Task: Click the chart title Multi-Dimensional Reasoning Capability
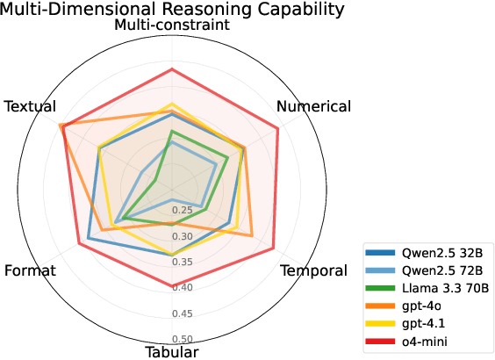pyautogui.click(x=172, y=9)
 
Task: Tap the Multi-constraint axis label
pyautogui.click(x=172, y=25)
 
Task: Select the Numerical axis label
pyautogui.click(x=313, y=106)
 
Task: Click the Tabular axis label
pyautogui.click(x=172, y=352)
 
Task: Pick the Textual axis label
pyautogui.click(x=30, y=106)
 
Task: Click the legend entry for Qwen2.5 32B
pyautogui.click(x=436, y=252)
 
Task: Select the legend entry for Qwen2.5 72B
pyautogui.click(x=436, y=270)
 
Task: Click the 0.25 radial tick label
pyautogui.click(x=182, y=211)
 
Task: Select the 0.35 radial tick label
pyautogui.click(x=182, y=262)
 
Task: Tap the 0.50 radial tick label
pyautogui.click(x=182, y=339)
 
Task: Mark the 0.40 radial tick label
pyautogui.click(x=182, y=287)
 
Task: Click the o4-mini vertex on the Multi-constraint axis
pyautogui.click(x=172, y=68)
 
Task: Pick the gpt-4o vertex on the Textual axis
pyautogui.click(x=61, y=126)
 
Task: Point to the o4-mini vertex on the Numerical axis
pyautogui.click(x=278, y=129)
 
